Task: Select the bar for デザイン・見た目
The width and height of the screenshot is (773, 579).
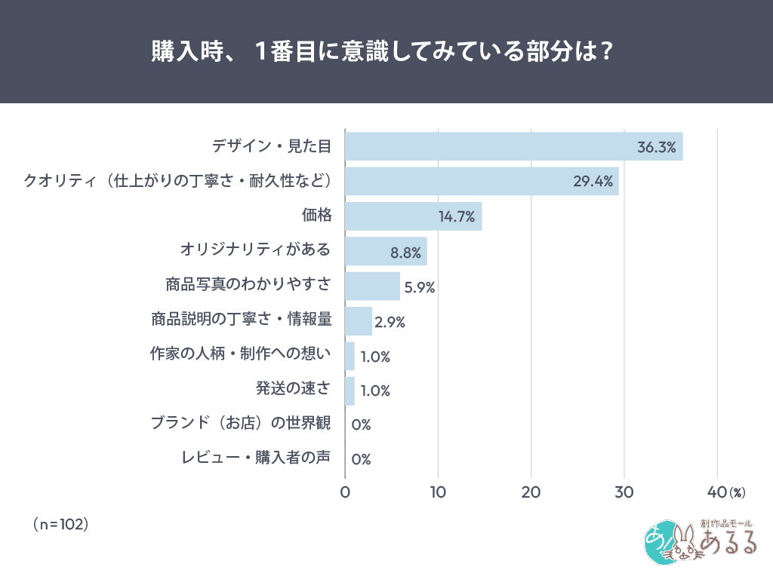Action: (x=513, y=146)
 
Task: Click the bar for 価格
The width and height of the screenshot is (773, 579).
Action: (x=413, y=216)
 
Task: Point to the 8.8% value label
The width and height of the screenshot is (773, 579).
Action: (x=405, y=253)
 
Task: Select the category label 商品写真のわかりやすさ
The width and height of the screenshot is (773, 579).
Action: (x=248, y=285)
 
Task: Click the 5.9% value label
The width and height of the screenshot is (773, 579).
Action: (x=420, y=287)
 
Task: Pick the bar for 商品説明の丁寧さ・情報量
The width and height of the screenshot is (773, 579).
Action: (x=359, y=321)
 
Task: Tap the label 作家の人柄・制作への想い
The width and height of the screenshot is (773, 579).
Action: (x=238, y=354)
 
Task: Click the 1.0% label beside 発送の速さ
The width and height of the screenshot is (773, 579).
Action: (x=375, y=391)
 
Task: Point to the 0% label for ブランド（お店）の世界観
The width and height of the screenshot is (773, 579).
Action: (x=361, y=425)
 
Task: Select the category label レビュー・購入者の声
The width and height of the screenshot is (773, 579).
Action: (x=256, y=458)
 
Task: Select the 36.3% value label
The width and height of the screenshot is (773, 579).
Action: (x=656, y=147)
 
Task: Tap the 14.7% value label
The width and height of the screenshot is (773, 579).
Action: (x=456, y=218)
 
